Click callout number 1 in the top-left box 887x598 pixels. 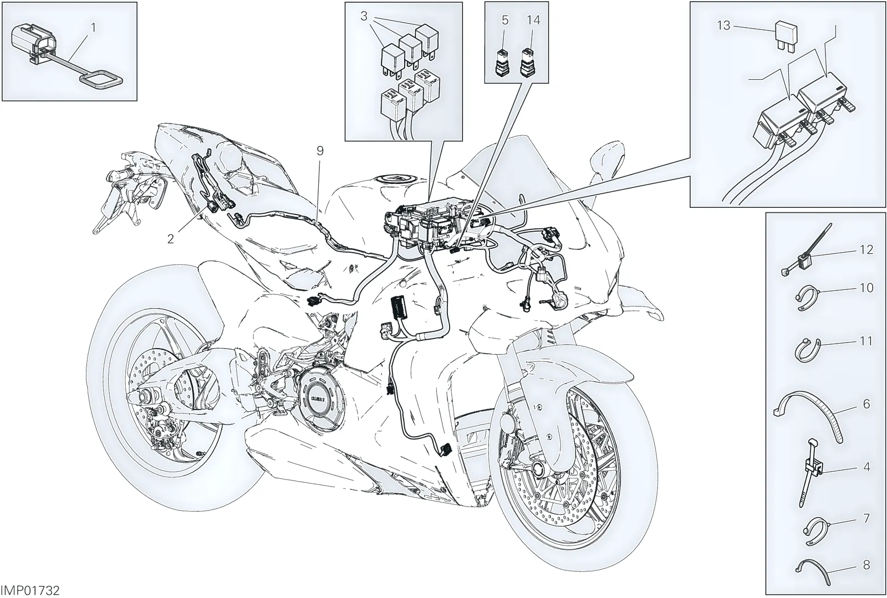click(94, 28)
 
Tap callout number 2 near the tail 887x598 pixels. click(171, 239)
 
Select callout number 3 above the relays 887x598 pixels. click(364, 16)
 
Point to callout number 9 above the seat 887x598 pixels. click(320, 151)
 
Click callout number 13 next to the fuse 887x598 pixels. click(723, 25)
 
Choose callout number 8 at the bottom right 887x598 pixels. click(866, 565)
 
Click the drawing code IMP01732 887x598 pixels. click(30, 591)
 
